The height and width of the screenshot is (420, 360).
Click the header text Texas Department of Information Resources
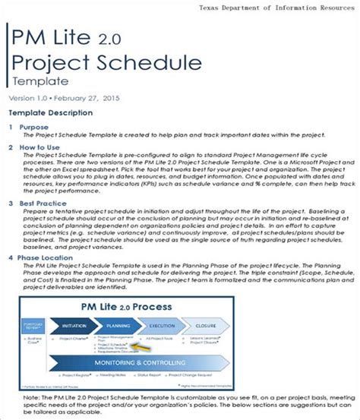pyautogui.click(x=276, y=8)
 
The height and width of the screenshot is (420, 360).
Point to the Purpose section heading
pyautogui.click(x=33, y=127)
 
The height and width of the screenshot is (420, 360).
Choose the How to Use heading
pyautogui.click(x=39, y=147)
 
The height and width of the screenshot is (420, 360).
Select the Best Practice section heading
pyautogui.click(x=43, y=203)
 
